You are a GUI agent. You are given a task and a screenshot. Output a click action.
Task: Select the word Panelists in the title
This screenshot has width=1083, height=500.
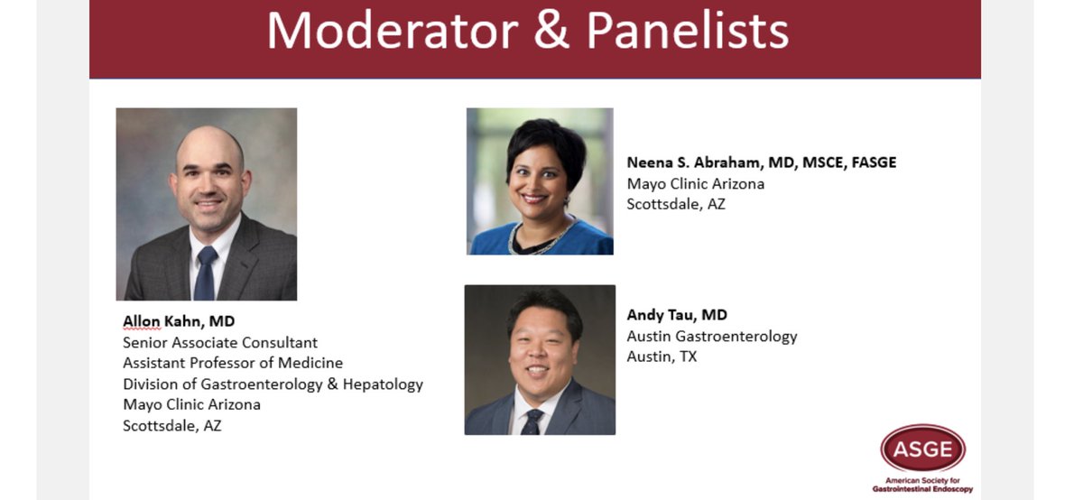[x=689, y=32]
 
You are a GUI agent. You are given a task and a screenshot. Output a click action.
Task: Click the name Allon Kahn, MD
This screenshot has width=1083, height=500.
[x=179, y=322]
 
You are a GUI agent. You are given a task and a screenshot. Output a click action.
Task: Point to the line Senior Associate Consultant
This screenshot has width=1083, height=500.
[x=220, y=343]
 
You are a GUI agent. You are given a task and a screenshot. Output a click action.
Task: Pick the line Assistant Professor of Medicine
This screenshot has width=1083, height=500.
[x=233, y=363]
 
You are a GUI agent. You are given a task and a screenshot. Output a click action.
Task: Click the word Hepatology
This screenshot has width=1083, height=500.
[x=378, y=384]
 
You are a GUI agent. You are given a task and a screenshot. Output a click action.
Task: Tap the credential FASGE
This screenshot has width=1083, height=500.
[x=868, y=162]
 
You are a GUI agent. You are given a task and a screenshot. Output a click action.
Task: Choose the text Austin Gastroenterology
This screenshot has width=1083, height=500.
[x=712, y=336]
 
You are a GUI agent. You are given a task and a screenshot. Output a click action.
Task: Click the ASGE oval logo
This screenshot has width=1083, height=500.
[x=922, y=449]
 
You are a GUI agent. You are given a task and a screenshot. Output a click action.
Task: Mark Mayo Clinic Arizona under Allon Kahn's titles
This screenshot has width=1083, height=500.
[x=191, y=404]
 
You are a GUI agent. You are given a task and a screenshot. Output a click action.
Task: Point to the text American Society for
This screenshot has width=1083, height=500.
[x=922, y=481]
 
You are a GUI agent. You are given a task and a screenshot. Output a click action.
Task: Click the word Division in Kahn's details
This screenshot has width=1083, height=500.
[x=150, y=384]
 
